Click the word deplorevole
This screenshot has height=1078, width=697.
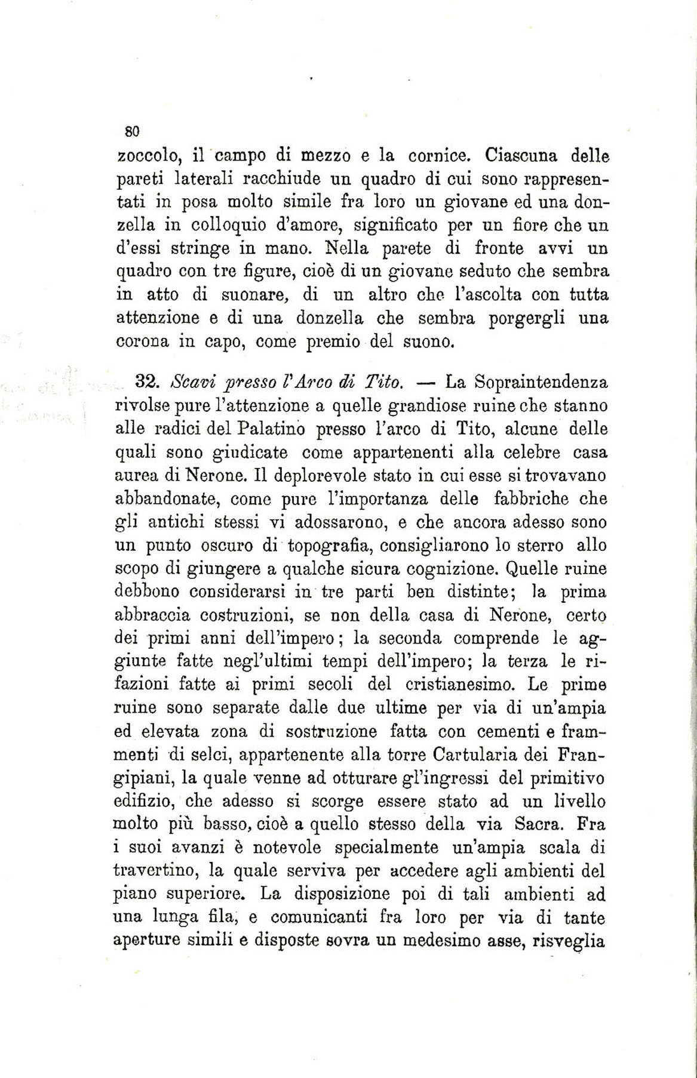click(x=314, y=476)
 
